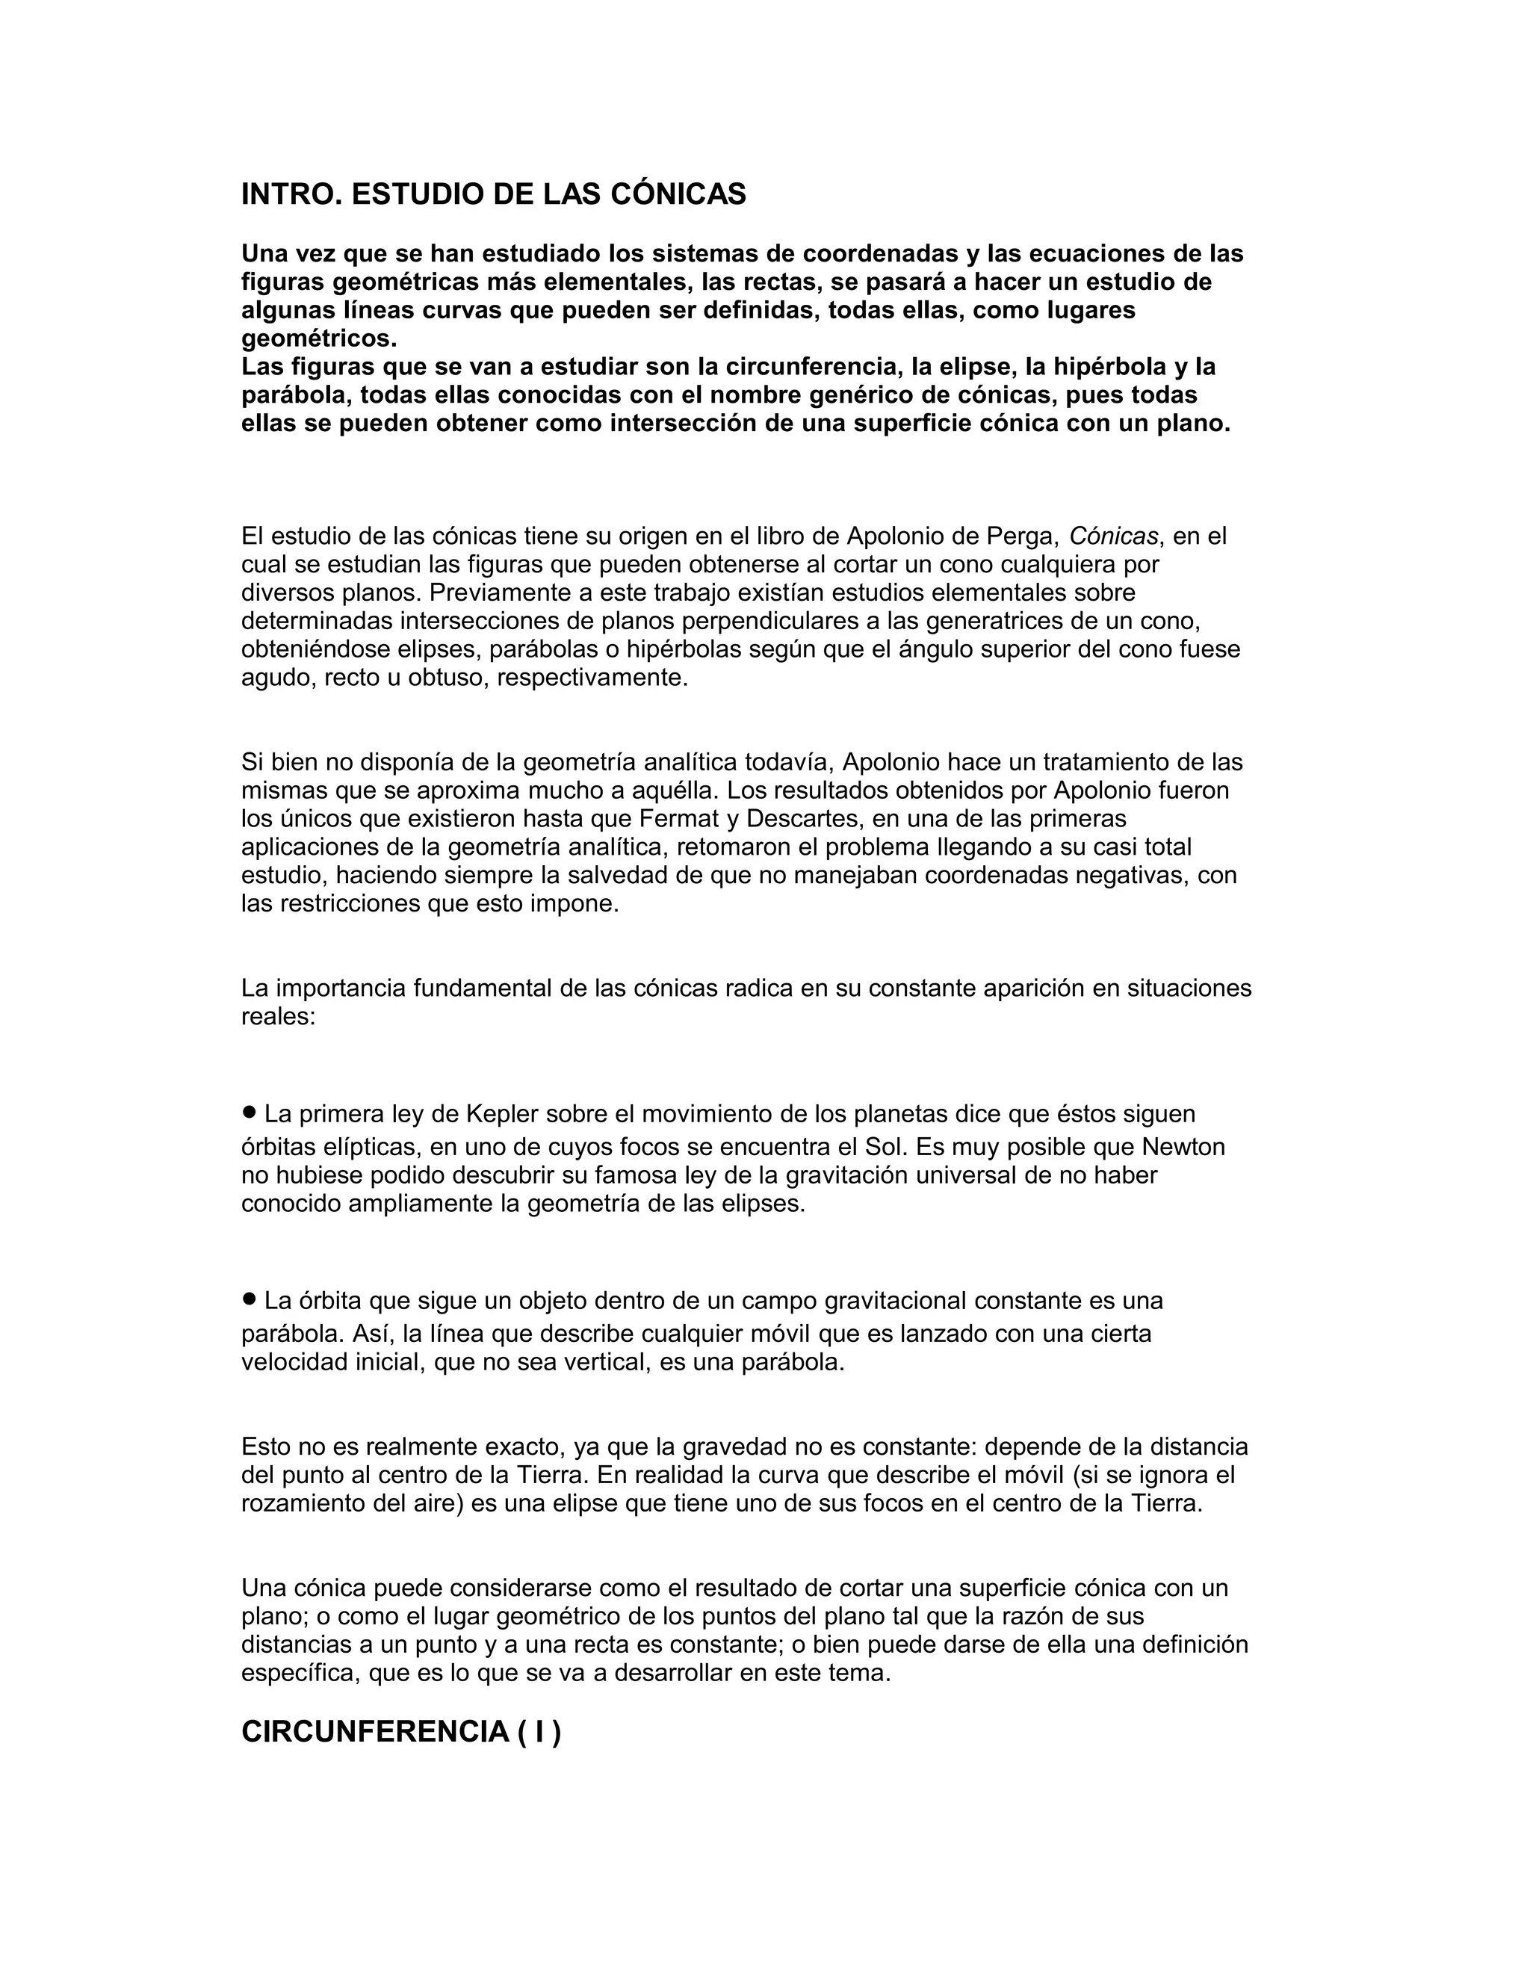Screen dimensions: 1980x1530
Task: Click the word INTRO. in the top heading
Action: click(291, 194)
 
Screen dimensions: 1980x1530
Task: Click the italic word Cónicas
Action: click(1113, 536)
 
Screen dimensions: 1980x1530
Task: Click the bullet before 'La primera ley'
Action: click(250, 1112)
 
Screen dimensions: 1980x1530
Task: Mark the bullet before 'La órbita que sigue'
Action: click(250, 1299)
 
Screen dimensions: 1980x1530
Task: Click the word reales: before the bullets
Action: click(277, 1016)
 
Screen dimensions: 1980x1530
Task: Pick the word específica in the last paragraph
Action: click(301, 1673)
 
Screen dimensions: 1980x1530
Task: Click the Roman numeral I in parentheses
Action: click(539, 1732)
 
